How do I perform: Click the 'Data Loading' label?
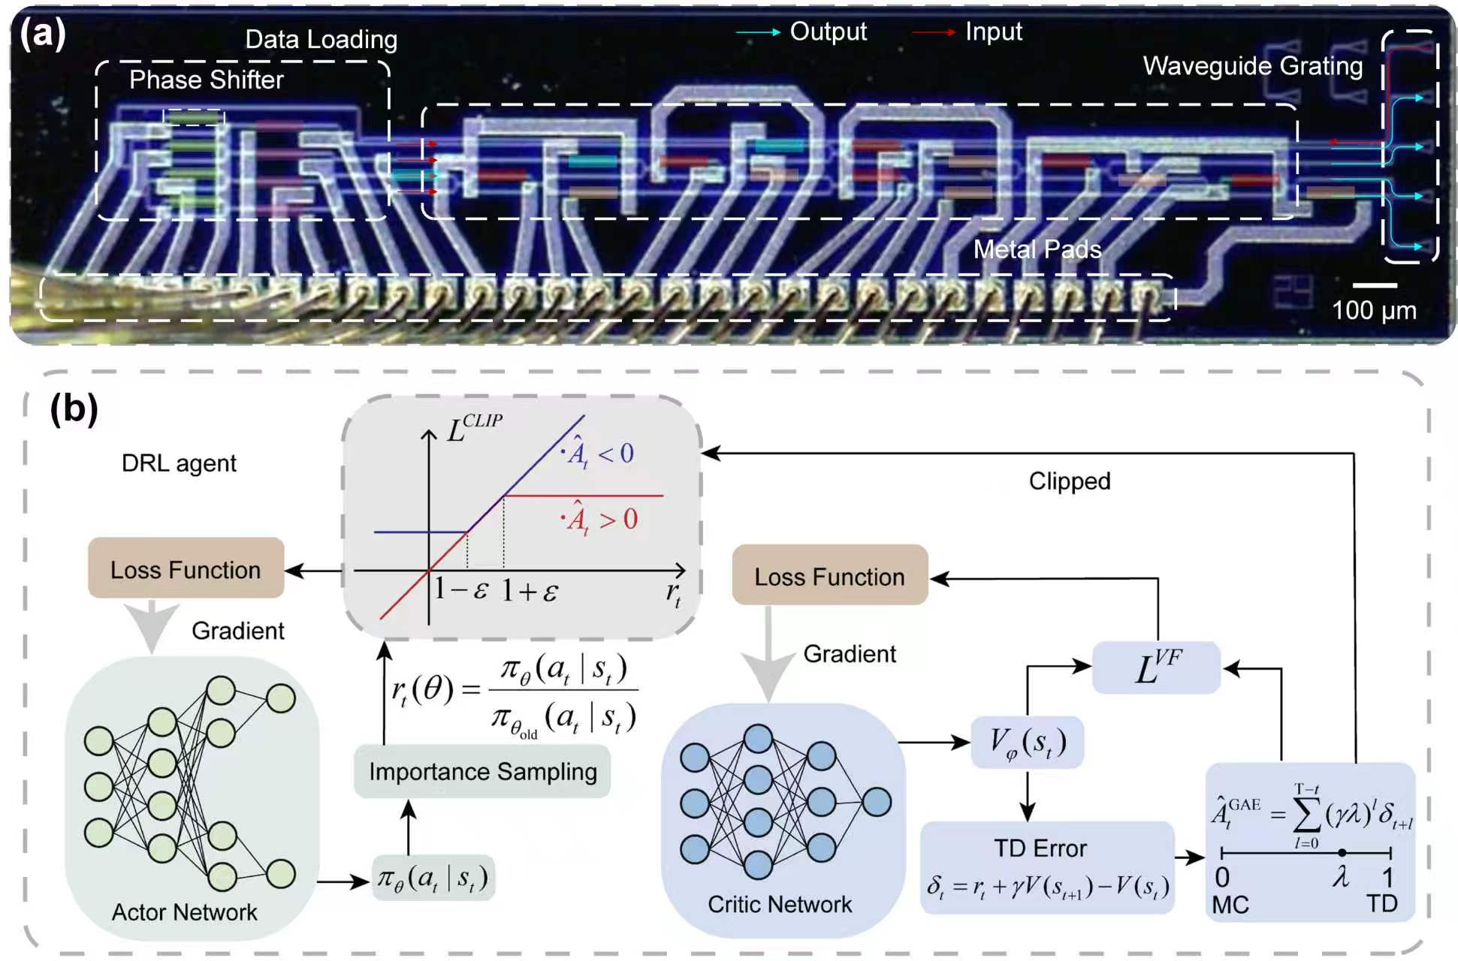[321, 40]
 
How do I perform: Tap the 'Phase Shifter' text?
[206, 80]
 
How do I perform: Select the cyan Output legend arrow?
[758, 32]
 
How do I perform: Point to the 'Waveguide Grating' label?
[1252, 66]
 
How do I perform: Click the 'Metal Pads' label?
[1037, 249]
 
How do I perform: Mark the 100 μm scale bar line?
[1375, 285]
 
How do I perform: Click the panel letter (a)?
[43, 33]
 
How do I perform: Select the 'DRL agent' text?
[179, 463]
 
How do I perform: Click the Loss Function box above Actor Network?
[186, 568]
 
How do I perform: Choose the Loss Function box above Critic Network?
[829, 575]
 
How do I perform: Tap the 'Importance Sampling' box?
[482, 771]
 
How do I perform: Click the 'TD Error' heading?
[1040, 848]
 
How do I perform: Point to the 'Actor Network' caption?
[184, 912]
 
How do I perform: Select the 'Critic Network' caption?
[780, 905]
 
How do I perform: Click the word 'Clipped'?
[1069, 481]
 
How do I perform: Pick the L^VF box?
[1156, 667]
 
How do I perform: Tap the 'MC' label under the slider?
[1230, 905]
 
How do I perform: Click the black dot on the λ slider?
[1342, 852]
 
